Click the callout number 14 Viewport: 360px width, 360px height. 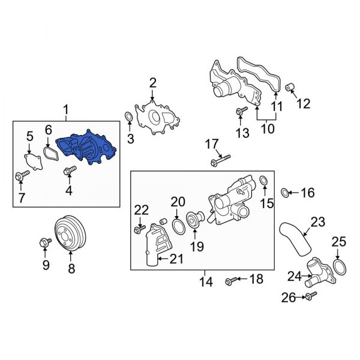203,280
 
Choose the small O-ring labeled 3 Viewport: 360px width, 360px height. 128,116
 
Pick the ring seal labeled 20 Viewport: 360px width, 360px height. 178,226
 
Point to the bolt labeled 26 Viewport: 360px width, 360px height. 310,296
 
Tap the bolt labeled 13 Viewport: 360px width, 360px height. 241,112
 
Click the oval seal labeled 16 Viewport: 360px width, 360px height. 286,193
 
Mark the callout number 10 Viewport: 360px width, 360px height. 266,129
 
